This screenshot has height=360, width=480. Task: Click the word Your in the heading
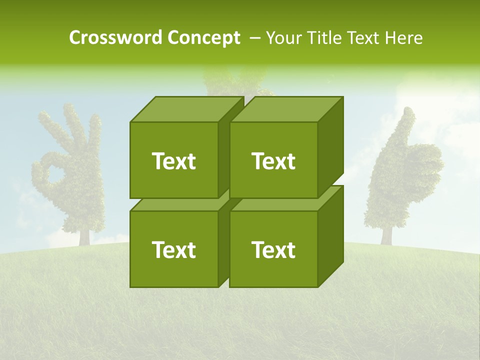click(284, 38)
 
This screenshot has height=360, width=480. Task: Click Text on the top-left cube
click(173, 161)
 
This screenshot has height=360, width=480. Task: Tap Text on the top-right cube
click(273, 161)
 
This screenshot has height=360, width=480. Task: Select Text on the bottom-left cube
click(173, 249)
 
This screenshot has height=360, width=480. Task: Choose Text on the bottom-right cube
click(273, 249)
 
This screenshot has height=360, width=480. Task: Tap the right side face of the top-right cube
click(330, 147)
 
